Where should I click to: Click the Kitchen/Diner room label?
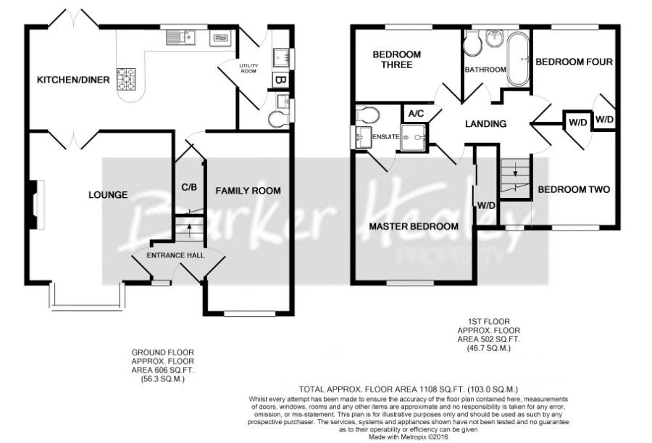click(x=73, y=80)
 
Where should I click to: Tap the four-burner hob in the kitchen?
click(x=126, y=79)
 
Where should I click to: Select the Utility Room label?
click(x=248, y=68)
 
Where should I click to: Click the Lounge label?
click(x=108, y=195)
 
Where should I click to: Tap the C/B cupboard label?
click(x=189, y=187)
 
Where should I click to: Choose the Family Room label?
click(x=248, y=191)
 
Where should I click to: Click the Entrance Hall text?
click(x=175, y=255)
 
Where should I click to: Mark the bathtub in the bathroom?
click(x=518, y=59)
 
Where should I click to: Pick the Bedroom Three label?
click(x=397, y=59)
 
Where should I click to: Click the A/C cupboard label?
click(x=417, y=113)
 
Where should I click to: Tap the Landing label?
click(x=485, y=124)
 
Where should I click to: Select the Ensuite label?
click(x=386, y=136)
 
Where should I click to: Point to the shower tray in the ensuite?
click(x=414, y=137)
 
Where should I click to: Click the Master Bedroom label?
click(x=414, y=226)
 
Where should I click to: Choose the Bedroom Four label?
click(x=574, y=62)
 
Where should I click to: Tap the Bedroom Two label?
click(x=574, y=189)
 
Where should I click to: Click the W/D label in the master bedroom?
click(x=486, y=206)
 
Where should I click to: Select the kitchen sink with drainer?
click(x=181, y=38)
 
